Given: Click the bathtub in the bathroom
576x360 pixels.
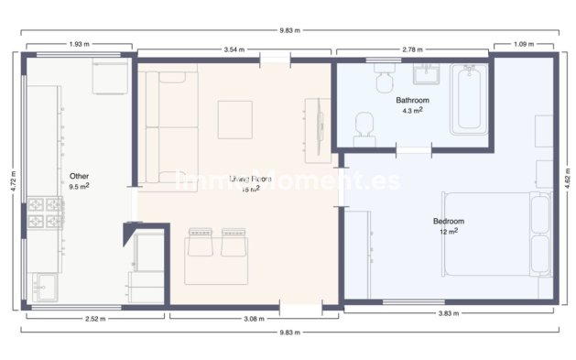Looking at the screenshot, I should tap(471, 98).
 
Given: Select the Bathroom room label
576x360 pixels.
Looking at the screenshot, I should tap(413, 99).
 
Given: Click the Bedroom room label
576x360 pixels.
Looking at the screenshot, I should tap(449, 221).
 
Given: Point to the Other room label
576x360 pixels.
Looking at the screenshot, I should tap(80, 174).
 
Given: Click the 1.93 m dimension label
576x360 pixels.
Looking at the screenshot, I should tap(80, 44).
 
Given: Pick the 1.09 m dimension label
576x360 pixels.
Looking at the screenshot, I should tap(524, 44).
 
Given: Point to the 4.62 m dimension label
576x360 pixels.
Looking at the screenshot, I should tap(568, 176).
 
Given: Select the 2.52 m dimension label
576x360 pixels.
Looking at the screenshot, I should tap(94, 319).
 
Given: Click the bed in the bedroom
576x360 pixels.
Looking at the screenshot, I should tap(494, 234).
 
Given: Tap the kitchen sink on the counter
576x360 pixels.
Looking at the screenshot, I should tap(42, 288).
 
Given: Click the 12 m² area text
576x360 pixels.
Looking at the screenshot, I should tap(449, 232).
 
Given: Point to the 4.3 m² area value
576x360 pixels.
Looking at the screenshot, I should tap(412, 110).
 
